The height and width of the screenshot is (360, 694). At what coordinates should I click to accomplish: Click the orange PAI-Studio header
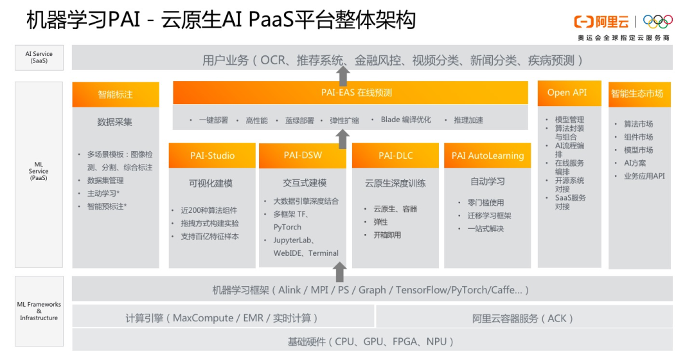(212, 156)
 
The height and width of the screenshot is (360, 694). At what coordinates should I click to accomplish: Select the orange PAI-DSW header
(303, 156)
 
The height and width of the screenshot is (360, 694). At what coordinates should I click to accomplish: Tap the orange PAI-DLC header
(395, 156)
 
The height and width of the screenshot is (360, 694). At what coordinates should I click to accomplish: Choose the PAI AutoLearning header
(487, 156)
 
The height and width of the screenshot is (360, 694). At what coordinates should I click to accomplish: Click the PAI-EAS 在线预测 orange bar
(356, 93)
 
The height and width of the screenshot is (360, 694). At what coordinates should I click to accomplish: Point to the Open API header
(567, 93)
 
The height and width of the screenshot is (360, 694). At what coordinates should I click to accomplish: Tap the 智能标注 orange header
(116, 94)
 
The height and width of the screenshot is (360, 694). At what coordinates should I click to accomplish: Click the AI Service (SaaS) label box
(39, 57)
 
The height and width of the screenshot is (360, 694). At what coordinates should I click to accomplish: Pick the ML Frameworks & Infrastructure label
(39, 311)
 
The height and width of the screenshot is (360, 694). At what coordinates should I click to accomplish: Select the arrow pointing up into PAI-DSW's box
(341, 271)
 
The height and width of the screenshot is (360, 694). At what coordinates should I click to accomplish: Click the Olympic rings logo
(657, 21)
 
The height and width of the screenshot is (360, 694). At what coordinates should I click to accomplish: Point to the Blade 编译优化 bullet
(405, 120)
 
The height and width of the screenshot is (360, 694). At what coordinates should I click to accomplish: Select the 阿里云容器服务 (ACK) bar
(523, 318)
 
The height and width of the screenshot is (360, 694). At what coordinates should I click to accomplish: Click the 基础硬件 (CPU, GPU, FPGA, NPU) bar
(371, 341)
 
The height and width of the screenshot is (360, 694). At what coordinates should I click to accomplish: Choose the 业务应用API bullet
(644, 176)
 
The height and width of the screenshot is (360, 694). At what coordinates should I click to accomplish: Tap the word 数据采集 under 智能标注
(115, 122)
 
